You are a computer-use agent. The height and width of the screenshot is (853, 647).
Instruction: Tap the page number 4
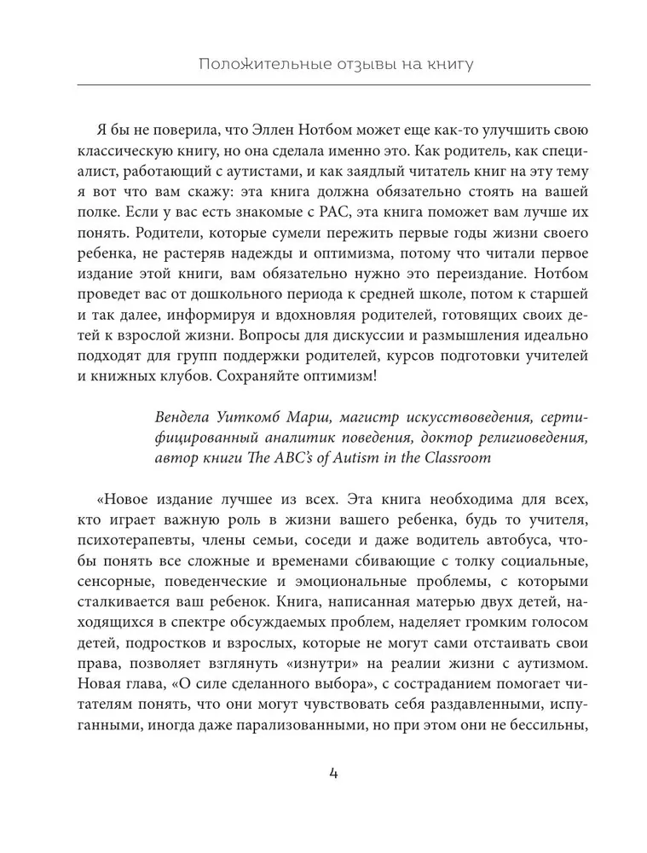point(333,774)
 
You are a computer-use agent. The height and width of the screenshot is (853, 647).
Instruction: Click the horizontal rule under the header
point(333,85)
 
